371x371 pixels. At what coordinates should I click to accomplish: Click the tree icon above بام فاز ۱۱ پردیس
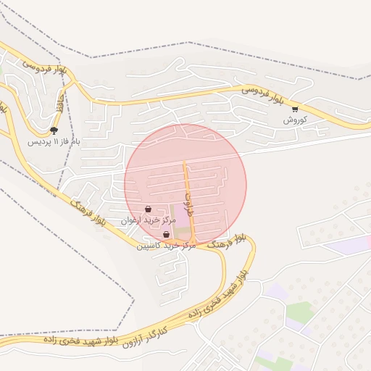coord(54,130)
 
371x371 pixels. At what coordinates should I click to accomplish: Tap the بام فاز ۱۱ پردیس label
coord(54,141)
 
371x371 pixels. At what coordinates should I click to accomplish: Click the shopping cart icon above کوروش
coord(295,109)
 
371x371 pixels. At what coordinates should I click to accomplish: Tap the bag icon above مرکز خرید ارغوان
coord(148,209)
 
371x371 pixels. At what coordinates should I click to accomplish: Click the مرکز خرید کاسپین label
coord(167,246)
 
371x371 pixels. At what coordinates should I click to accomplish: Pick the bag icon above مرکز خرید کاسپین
coord(167,235)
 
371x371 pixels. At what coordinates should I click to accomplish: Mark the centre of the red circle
coord(185,185)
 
